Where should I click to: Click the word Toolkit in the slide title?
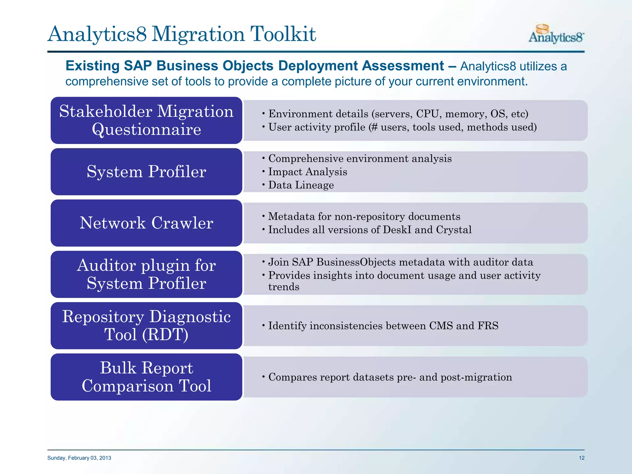tap(283, 34)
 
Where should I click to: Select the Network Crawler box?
tap(146, 223)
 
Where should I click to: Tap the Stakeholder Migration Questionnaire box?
tap(146, 120)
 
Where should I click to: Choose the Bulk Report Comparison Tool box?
tap(146, 377)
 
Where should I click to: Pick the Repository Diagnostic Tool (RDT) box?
tap(146, 326)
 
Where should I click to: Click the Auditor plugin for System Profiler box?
tap(146, 274)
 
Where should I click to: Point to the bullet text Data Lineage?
tap(301, 185)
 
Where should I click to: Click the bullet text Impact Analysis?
tap(308, 172)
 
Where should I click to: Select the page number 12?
tap(581, 458)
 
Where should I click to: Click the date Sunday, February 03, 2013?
tap(79, 458)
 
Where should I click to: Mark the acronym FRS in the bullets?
tap(488, 326)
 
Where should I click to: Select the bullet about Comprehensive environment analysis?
tap(360, 159)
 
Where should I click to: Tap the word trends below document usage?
tap(284, 287)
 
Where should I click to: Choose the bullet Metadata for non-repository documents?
tap(364, 217)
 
